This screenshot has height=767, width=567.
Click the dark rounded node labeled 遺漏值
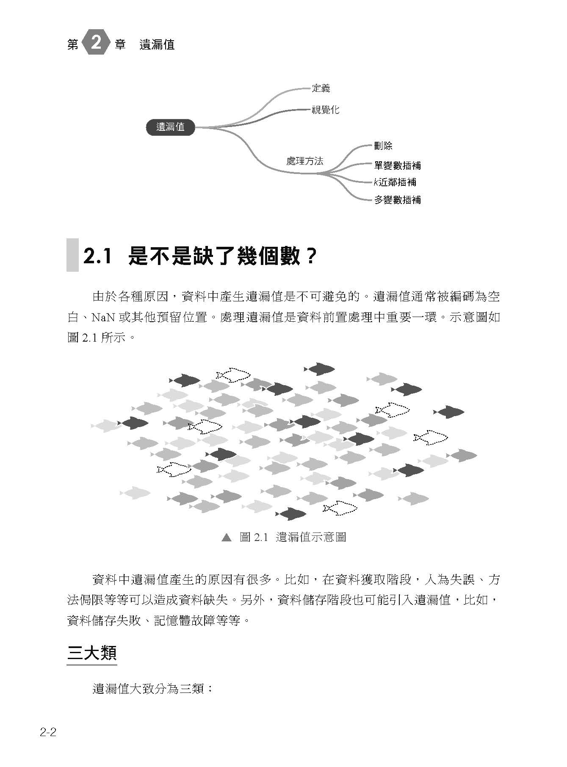click(171, 127)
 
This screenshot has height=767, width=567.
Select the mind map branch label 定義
click(321, 88)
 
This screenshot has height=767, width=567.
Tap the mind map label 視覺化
click(325, 110)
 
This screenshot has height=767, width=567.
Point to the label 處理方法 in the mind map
click(305, 161)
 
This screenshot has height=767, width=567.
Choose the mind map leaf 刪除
click(383, 146)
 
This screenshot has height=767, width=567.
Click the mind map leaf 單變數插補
click(397, 165)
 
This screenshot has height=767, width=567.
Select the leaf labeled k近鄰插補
click(395, 182)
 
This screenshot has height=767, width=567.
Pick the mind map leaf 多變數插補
click(397, 200)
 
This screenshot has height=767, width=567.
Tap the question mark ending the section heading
click(310, 256)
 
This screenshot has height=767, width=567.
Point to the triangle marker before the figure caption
click(227, 538)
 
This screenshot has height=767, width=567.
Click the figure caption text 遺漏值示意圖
click(311, 537)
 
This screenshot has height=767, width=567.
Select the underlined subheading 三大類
click(92, 653)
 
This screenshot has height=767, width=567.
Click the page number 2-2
click(48, 733)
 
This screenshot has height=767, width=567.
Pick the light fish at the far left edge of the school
click(106, 425)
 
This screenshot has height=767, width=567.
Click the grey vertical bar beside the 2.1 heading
click(72, 255)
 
